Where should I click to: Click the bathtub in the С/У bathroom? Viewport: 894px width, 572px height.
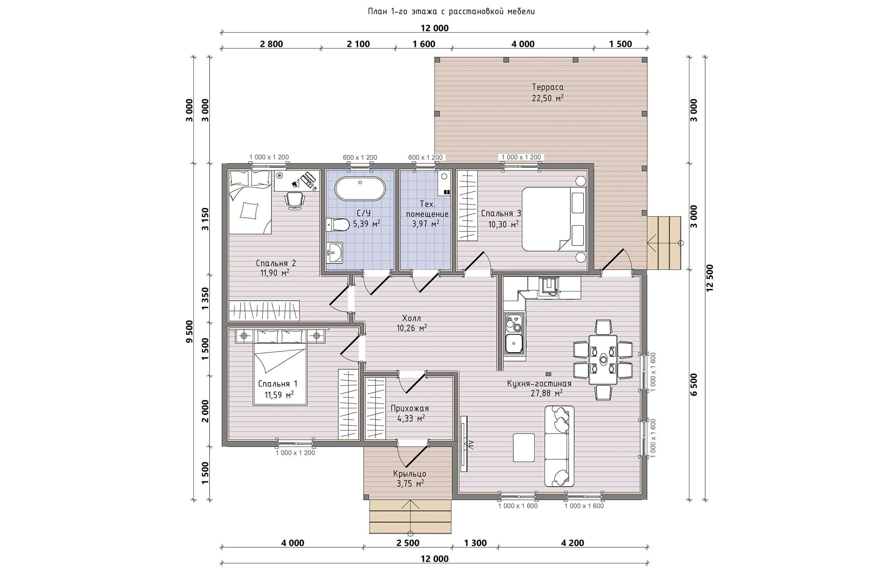pos(360,189)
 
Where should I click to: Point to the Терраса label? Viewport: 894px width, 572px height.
pos(547,87)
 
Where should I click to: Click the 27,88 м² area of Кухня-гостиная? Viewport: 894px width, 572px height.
pos(546,393)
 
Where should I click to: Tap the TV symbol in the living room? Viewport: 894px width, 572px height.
pos(464,444)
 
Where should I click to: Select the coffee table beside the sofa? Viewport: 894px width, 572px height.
pos(524,448)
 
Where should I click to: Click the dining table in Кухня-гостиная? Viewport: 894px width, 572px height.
pos(603,360)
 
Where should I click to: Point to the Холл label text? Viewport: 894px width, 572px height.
pos(412,318)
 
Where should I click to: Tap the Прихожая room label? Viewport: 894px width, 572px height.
pos(410,409)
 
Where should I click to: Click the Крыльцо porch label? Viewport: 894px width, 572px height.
pos(410,474)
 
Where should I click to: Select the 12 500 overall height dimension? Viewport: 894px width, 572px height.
pos(710,278)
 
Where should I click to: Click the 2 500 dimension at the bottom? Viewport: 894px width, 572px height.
pos(408,543)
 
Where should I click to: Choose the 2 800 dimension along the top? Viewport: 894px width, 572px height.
pos(271,44)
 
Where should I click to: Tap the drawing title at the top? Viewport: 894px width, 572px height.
pos(451,11)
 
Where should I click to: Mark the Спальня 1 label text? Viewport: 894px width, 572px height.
pos(278,384)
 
